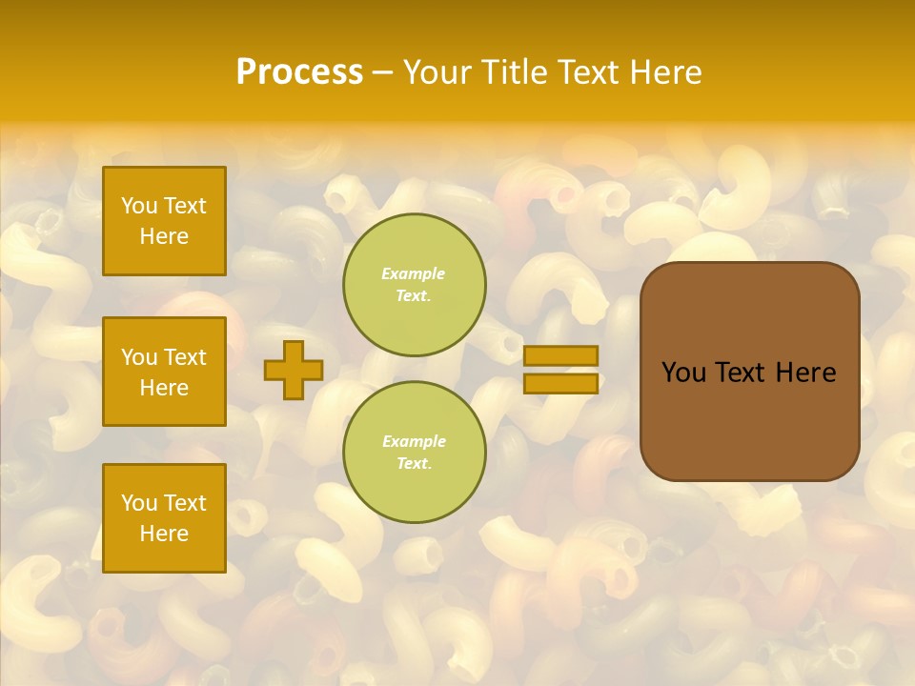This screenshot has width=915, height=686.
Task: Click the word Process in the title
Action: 299,72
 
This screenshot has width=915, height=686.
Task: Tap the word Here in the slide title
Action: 664,72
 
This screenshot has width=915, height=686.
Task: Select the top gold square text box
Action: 164,221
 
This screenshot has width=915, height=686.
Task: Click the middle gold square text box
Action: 164,372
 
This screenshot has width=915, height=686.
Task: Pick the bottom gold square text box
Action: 164,518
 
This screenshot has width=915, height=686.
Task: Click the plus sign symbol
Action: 294,370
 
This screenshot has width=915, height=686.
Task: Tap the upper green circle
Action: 415,285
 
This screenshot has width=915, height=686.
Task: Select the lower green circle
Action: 415,452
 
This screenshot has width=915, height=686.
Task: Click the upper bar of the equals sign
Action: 560,355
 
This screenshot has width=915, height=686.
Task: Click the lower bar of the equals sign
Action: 560,383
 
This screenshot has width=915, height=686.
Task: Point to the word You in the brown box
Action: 683,373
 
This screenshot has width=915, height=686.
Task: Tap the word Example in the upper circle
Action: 414,274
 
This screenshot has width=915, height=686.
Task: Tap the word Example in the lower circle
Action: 414,442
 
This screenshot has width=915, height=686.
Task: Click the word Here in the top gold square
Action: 164,236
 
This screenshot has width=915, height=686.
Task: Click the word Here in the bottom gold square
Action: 164,534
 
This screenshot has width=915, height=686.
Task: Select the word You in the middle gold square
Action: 138,357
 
